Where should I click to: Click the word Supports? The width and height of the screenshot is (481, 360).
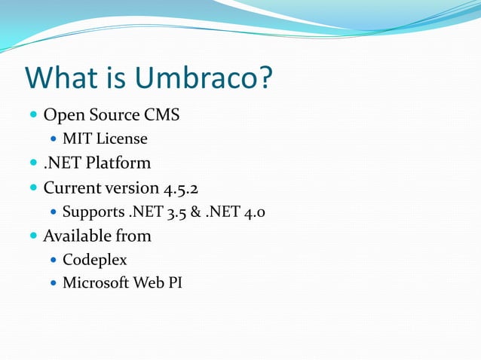(x=93, y=212)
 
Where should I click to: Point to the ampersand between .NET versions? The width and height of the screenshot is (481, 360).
(x=195, y=212)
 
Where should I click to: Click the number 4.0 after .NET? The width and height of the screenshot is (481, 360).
(x=253, y=212)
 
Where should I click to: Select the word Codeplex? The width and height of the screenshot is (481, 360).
(x=94, y=260)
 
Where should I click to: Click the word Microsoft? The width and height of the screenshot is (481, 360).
(x=97, y=283)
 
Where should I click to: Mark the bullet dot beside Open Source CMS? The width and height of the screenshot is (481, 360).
(x=32, y=116)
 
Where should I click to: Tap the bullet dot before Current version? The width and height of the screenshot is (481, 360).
(x=32, y=188)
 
